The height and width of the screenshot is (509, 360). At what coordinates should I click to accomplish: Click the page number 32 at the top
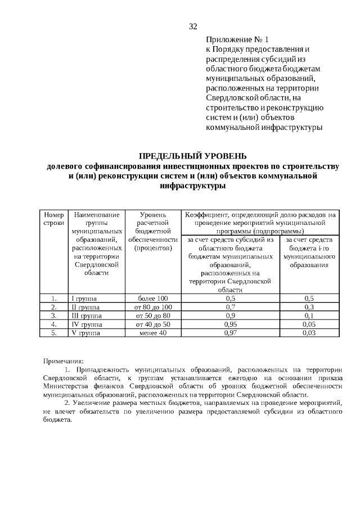click(x=193, y=26)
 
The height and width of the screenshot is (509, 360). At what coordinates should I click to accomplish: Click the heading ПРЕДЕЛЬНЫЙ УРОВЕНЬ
click(x=193, y=156)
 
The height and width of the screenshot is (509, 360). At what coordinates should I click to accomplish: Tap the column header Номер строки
click(x=53, y=219)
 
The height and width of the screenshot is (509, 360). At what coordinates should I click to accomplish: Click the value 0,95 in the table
click(x=230, y=325)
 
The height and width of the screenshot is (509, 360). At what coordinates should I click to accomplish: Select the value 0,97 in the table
click(x=230, y=333)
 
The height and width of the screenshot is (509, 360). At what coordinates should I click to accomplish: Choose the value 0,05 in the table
click(x=309, y=325)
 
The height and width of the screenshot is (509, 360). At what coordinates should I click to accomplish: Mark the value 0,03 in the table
click(x=309, y=333)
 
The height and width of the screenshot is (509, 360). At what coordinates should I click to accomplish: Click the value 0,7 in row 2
click(x=230, y=307)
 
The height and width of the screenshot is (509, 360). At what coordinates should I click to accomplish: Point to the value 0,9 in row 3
click(x=230, y=316)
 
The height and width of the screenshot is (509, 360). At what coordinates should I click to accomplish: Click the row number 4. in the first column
click(x=53, y=325)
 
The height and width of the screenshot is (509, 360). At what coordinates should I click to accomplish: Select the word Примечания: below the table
click(x=64, y=361)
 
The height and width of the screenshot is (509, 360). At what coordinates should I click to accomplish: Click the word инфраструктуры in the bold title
click(x=193, y=186)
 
